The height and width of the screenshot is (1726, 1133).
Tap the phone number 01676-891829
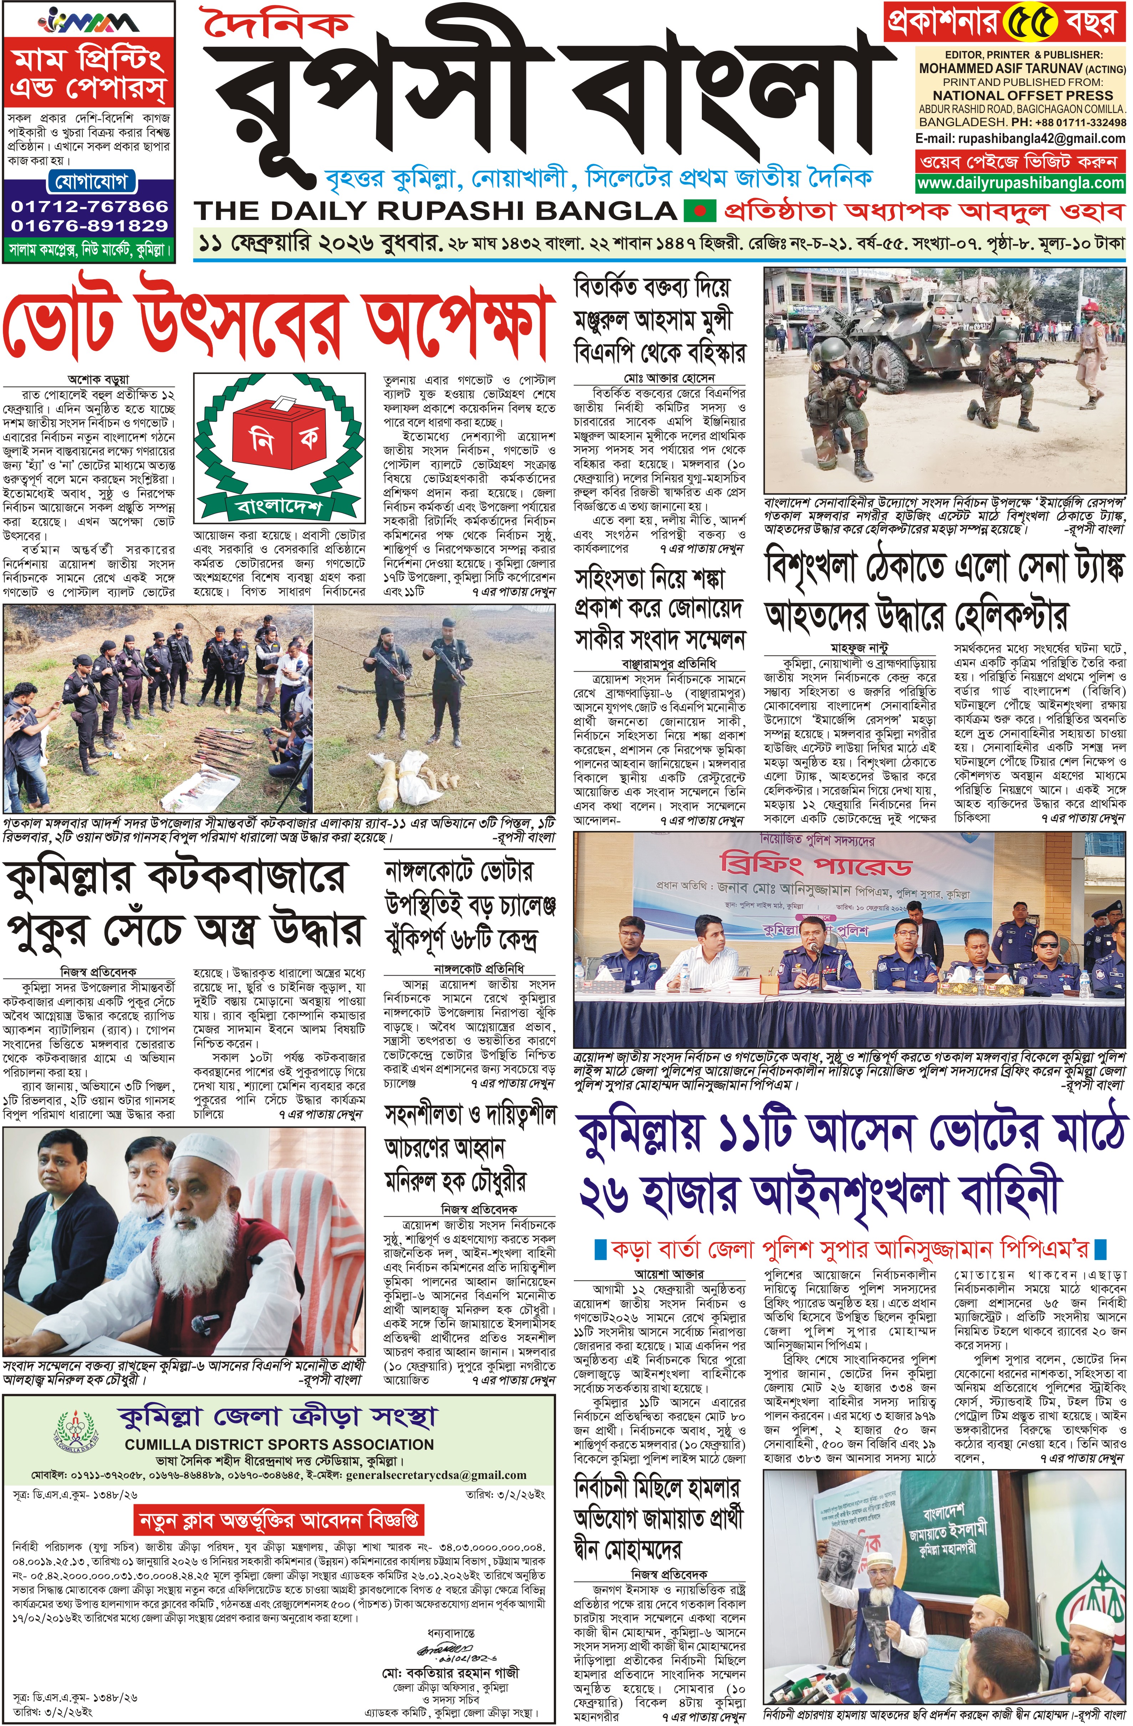pyautogui.click(x=89, y=226)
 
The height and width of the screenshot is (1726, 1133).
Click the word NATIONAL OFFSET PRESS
pyautogui.click(x=1022, y=95)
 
